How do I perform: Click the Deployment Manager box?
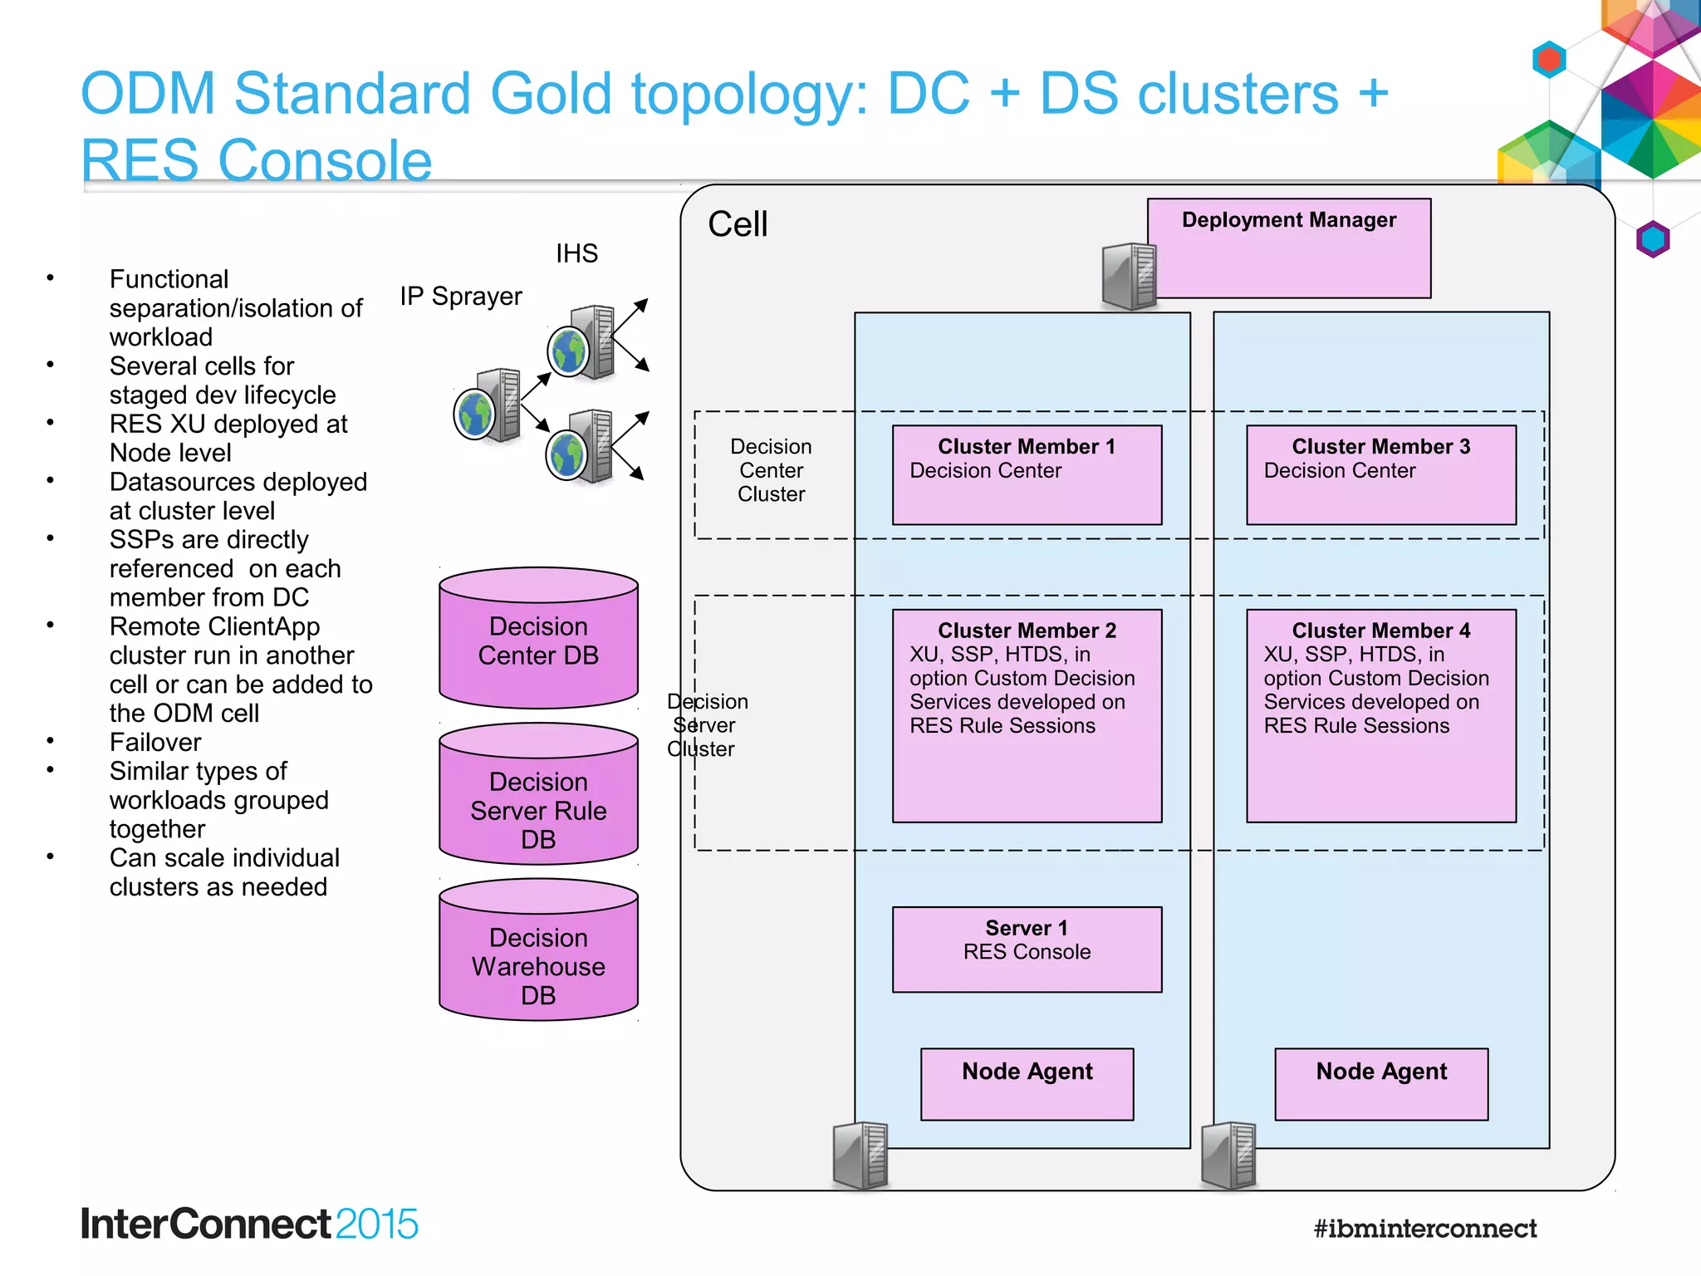coord(1289,248)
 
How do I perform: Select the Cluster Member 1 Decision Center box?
coord(1027,475)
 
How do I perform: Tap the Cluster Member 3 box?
coord(1380,475)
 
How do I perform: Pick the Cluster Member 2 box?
coord(1027,716)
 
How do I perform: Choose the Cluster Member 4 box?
coord(1380,716)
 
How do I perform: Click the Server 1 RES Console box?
coord(1027,949)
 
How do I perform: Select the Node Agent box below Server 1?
coord(1027,1083)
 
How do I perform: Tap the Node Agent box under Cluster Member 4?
coord(1380,1083)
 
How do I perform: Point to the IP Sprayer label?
coord(461,297)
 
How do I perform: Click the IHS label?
coord(576,253)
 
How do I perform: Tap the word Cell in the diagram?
coord(738,224)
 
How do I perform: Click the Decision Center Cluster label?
coord(771,470)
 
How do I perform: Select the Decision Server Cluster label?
coord(706,725)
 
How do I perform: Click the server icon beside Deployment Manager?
coord(1129,277)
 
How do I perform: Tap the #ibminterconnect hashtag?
coord(1424,1228)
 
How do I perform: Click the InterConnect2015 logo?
coord(249,1224)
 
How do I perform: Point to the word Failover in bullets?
coord(155,742)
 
